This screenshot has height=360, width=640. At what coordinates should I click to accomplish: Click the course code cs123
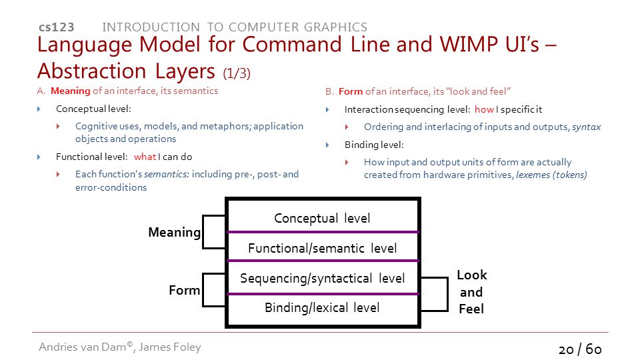coord(56,27)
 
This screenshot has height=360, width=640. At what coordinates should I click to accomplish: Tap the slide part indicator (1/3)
coord(237,73)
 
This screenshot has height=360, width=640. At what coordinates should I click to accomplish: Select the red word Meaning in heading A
coord(70,91)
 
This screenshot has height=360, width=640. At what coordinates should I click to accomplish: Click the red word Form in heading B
coord(351,91)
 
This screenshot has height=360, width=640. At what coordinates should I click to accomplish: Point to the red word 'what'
coord(145,157)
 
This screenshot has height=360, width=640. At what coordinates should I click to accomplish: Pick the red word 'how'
coord(484,109)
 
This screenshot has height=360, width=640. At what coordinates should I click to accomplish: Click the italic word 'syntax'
coord(586,127)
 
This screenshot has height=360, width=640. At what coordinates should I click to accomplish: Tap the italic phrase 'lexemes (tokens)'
coord(551,175)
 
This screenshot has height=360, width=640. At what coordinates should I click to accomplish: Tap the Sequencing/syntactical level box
coord(323,277)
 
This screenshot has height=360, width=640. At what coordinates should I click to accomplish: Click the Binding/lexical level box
coord(323,309)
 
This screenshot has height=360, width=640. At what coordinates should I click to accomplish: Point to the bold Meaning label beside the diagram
coord(174,232)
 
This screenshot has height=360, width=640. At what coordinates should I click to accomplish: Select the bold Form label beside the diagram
coord(185,290)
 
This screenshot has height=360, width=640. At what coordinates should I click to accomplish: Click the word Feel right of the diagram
coord(471,309)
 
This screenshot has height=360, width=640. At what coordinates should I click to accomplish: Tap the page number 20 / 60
coord(580,349)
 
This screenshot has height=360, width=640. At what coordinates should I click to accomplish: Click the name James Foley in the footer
coord(170,347)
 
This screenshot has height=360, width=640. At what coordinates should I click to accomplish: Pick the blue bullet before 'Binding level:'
coord(327,145)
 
